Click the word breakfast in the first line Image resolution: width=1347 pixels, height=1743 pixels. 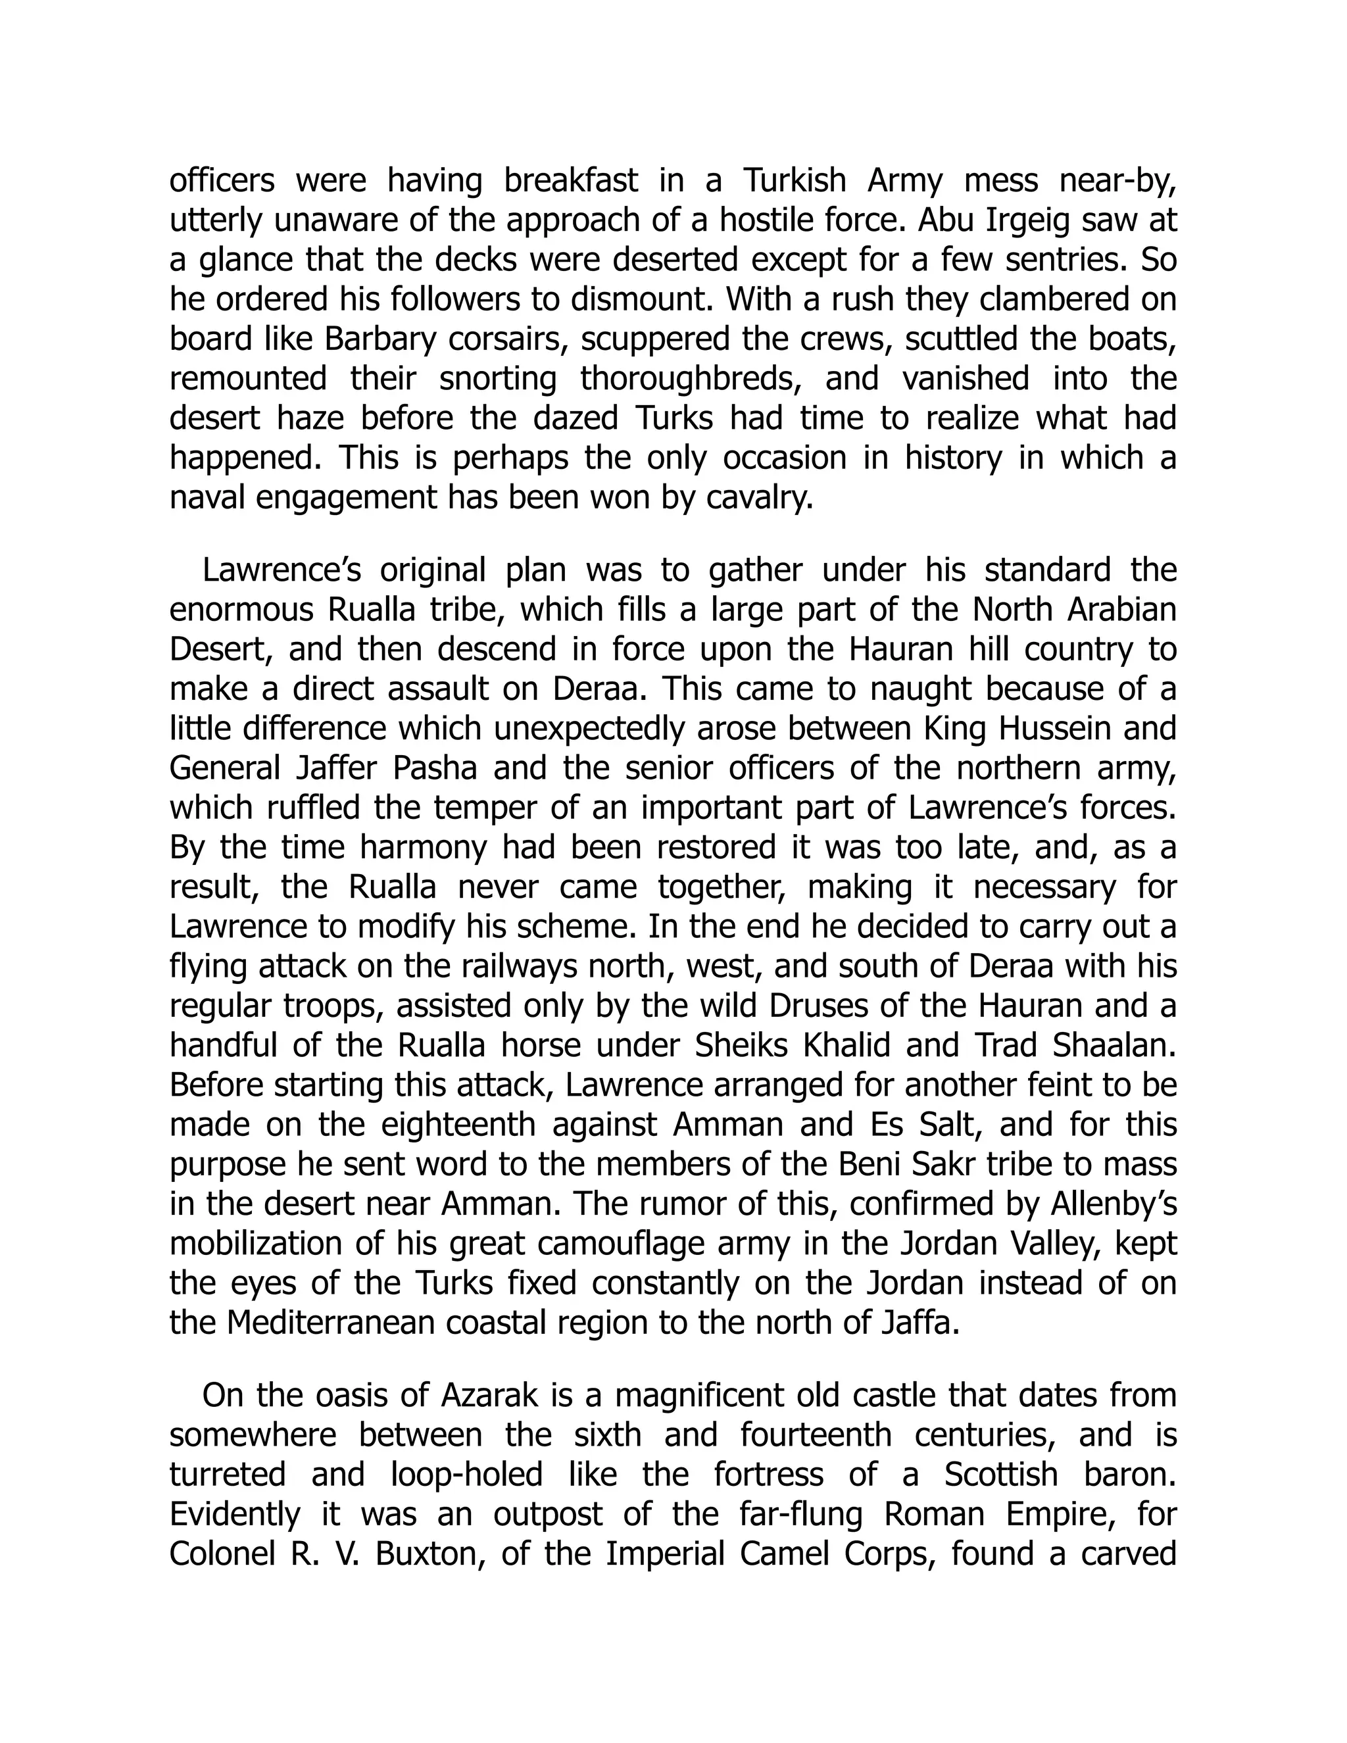click(x=572, y=181)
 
